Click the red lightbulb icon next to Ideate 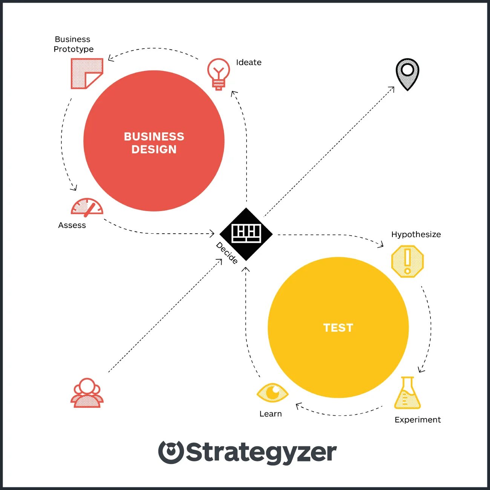click(218, 74)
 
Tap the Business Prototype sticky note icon click(86, 73)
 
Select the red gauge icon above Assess click(87, 207)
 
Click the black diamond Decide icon click(246, 234)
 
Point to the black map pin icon click(407, 73)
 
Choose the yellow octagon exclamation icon click(407, 261)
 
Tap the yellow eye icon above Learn click(273, 393)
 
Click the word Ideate click(249, 62)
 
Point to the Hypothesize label click(416, 234)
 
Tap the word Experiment click(418, 420)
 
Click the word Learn click(271, 414)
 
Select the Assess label click(72, 225)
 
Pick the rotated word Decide click(227, 253)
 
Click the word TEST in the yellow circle click(338, 328)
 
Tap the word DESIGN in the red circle click(154, 150)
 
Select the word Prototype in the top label click(73, 49)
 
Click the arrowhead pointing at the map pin click(392, 89)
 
